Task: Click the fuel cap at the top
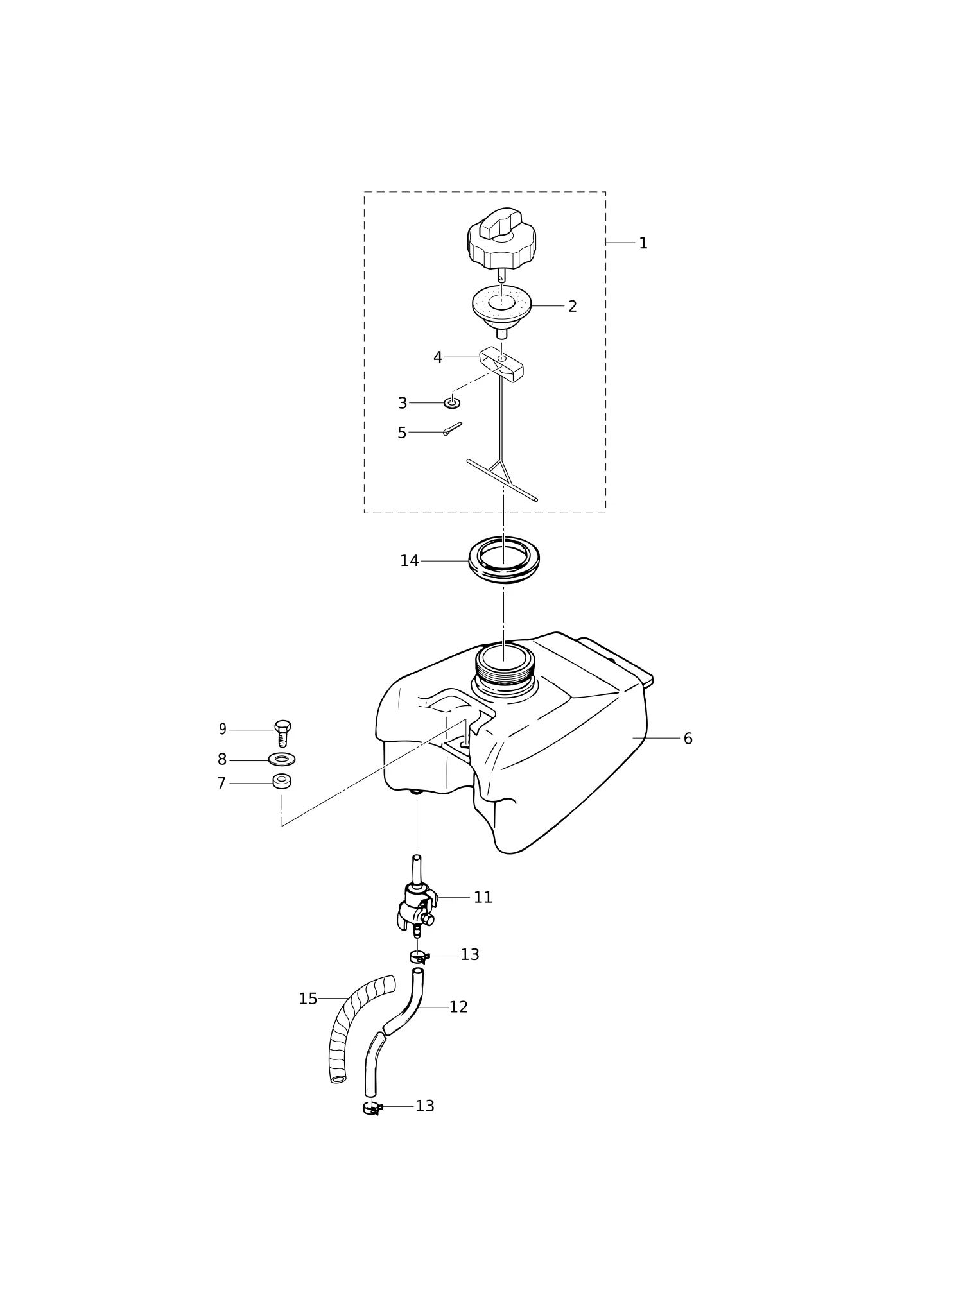tap(501, 241)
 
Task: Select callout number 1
tap(643, 243)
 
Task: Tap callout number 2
tap(572, 306)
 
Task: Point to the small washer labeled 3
tap(452, 403)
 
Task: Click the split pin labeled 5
tap(452, 428)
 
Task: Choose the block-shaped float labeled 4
tap(501, 364)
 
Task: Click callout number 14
tap(409, 561)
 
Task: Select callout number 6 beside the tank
tap(688, 739)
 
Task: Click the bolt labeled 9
tap(282, 733)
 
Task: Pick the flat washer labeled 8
tap(282, 759)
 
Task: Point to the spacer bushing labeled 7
tap(282, 781)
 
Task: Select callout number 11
tap(483, 898)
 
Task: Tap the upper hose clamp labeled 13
tap(419, 957)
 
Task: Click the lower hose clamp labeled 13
tap(373, 1108)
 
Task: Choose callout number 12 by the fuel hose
tap(458, 1008)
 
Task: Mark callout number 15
tap(308, 999)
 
